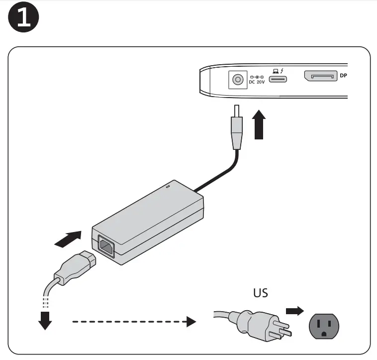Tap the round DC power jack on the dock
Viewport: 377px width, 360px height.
(x=237, y=79)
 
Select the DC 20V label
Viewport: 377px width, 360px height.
(x=257, y=82)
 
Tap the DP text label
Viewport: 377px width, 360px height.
(x=343, y=77)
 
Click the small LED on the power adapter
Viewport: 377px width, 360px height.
(x=167, y=187)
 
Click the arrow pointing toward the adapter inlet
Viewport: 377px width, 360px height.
(x=68, y=239)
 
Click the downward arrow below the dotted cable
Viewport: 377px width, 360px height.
(x=46, y=320)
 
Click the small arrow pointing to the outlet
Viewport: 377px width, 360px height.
(x=294, y=311)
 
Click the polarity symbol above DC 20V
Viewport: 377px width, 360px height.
(x=256, y=77)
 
